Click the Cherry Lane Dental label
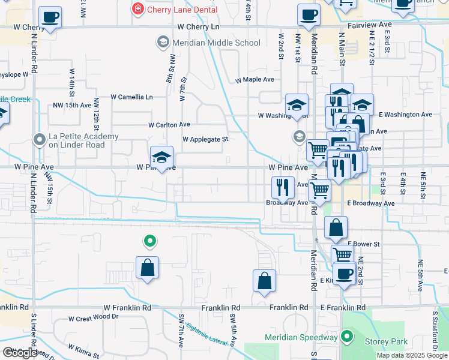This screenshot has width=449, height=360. [x=174, y=9]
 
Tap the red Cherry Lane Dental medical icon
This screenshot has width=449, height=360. [x=138, y=9]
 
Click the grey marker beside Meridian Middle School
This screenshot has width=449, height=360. [x=162, y=42]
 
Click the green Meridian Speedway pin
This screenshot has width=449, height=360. [x=346, y=336]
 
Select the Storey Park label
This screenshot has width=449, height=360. [x=386, y=342]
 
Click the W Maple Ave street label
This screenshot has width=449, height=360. [x=255, y=79]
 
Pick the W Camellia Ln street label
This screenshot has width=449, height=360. [x=132, y=97]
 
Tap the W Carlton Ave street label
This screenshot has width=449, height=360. [x=169, y=125]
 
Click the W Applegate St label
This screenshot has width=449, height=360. [x=206, y=139]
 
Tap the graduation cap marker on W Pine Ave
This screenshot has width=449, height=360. [x=161, y=157]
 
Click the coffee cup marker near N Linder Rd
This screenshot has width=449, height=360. [x=50, y=17]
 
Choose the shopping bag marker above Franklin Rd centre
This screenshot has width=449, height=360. [x=264, y=281]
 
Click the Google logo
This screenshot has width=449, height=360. [x=20, y=353]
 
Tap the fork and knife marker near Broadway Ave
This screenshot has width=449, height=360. [x=282, y=188]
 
